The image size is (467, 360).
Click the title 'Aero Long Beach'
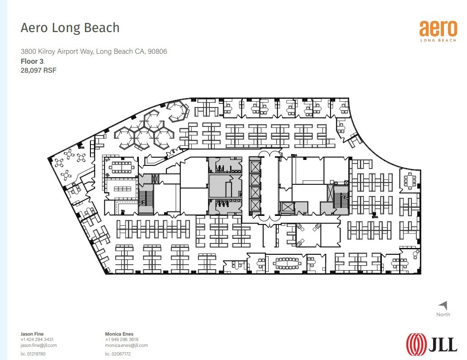[x=70, y=28]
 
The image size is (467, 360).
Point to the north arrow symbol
[x=443, y=305]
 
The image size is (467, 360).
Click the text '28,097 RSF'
[x=38, y=70]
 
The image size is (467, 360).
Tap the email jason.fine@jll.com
[x=38, y=345]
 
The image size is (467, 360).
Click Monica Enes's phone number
[x=122, y=340]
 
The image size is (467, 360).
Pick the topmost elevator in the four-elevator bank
[x=255, y=166]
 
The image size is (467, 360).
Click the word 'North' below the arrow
[x=443, y=314]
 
